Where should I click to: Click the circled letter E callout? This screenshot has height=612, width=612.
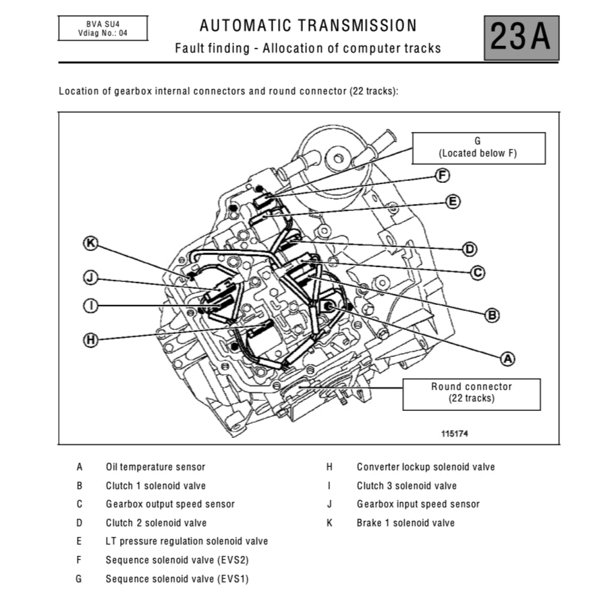click(x=453, y=201)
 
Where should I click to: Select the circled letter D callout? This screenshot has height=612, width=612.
click(x=470, y=248)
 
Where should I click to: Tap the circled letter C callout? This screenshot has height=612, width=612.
click(x=476, y=273)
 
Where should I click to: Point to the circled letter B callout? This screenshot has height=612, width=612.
click(x=493, y=314)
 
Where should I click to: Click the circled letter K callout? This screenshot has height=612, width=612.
click(x=90, y=243)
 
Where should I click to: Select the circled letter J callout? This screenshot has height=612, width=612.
click(x=90, y=276)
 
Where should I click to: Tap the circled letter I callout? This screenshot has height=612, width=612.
click(x=90, y=306)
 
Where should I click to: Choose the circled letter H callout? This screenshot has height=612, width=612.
click(x=90, y=339)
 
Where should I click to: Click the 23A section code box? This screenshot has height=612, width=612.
click(x=521, y=38)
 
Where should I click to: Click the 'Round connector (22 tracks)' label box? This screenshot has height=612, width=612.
click(x=471, y=393)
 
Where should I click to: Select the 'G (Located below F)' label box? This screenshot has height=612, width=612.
click(x=478, y=148)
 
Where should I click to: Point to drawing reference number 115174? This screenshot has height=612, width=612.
click(x=454, y=434)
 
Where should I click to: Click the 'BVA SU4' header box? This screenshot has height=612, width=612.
click(x=102, y=28)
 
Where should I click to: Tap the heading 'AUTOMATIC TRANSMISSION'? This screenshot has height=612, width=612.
click(x=308, y=26)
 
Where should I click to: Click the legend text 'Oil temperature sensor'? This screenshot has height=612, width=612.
click(x=155, y=467)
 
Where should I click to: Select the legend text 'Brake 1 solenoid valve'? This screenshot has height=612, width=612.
click(x=406, y=523)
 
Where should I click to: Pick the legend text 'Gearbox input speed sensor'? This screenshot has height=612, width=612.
click(x=418, y=504)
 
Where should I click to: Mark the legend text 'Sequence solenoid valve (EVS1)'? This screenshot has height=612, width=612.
click(x=177, y=579)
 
